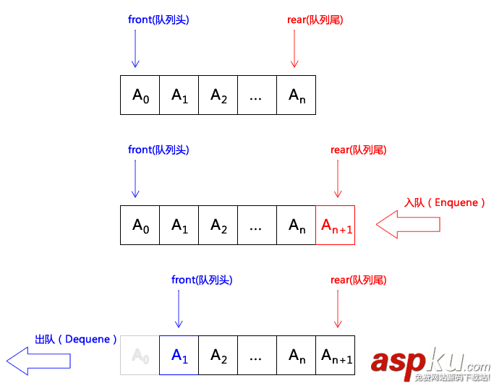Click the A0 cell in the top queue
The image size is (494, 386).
pos(140,95)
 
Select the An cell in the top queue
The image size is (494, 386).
pos(297,95)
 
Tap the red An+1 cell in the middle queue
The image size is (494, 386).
pos(336,225)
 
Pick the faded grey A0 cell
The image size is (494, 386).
pos(140,355)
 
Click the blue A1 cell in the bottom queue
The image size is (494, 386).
pos(179,355)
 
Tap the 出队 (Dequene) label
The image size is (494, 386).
pos(76,339)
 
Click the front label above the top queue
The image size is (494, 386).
pos(158,20)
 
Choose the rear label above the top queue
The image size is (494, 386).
pos(315,20)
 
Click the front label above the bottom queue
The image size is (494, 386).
pos(202,280)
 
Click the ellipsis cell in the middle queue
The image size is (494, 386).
pos(257,225)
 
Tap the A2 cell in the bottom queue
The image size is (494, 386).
pos(218,355)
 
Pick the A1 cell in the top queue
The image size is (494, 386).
pos(179,95)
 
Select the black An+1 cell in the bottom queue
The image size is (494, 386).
pos(336,355)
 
